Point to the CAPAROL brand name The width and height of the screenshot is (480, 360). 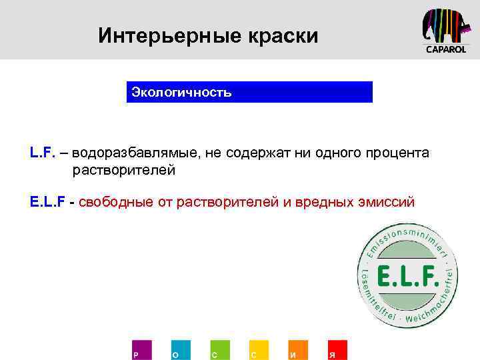[446, 50]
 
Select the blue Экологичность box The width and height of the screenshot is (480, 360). [249, 92]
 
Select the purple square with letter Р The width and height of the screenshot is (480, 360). [141, 350]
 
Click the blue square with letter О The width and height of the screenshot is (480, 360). [180, 350]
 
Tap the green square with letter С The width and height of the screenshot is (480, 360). [219, 350]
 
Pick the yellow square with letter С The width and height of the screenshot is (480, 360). [259, 350]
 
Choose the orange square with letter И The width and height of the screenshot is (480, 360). [298, 350]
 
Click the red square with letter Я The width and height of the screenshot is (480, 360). [337, 350]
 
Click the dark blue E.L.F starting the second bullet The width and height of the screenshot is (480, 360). [47, 201]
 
